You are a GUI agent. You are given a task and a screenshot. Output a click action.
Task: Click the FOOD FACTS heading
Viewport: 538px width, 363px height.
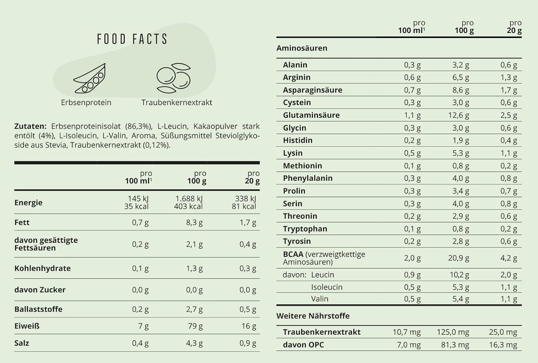pos(132,39)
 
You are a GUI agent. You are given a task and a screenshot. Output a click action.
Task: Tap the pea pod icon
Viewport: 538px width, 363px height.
pos(90,78)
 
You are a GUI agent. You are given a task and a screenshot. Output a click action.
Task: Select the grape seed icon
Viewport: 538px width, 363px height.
pos(174,78)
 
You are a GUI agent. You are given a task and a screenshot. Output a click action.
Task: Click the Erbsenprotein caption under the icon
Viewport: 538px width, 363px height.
pos(86,102)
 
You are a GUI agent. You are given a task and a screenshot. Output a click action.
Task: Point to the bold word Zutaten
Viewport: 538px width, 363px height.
pos(30,126)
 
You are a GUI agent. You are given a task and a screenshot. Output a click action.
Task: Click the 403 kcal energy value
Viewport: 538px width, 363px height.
pos(188,206)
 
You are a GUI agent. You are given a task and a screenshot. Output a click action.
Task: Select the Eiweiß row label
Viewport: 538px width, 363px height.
pos(27,326)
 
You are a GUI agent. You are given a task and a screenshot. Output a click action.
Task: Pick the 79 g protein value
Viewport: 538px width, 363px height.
pos(195,326)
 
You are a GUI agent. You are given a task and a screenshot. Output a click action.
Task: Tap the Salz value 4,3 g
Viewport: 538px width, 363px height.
pos(194,343)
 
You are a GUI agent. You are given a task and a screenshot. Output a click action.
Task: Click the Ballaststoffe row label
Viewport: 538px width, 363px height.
pos(38,309)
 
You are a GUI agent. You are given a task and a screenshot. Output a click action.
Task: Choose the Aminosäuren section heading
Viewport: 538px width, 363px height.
pos(302,48)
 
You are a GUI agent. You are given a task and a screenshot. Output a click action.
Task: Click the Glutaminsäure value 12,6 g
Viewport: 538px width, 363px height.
pos(458,115)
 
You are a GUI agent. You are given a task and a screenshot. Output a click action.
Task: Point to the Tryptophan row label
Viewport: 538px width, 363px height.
pos(305,229)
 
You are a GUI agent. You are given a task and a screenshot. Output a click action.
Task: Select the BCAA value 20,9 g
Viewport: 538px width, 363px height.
pos(458,258)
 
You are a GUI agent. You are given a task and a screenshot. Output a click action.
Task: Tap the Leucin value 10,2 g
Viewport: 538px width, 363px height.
pos(459,275)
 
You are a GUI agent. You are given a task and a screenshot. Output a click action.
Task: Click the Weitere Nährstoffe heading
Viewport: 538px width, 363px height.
pos(313,316)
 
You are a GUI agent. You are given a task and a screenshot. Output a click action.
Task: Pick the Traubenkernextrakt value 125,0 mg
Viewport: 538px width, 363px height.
pos(453,332)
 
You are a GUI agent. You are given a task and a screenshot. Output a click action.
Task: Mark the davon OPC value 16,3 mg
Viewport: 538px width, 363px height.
pos(503,345)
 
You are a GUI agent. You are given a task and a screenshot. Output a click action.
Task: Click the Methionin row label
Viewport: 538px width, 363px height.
pos(302,166)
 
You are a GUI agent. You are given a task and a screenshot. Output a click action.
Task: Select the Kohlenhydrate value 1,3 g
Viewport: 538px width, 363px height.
pos(194,268)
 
